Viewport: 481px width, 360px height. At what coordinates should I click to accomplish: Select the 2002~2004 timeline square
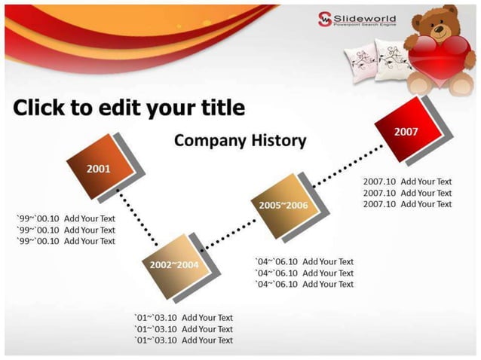point(173,264)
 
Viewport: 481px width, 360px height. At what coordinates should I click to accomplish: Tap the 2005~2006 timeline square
point(283,205)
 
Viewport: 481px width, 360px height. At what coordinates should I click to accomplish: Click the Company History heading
point(240,140)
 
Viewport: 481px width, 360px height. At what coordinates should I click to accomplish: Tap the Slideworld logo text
point(365,18)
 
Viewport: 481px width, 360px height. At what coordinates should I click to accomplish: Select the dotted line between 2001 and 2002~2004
point(138,218)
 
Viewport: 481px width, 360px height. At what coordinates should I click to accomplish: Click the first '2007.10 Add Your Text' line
point(407,182)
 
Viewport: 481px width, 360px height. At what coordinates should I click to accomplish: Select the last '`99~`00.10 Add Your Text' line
point(66,241)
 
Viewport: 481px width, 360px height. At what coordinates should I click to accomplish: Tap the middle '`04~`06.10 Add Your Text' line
point(305,273)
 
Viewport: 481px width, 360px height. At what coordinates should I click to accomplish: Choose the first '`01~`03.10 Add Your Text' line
point(184,318)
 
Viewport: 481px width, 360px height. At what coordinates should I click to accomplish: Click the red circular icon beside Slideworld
point(324,19)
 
